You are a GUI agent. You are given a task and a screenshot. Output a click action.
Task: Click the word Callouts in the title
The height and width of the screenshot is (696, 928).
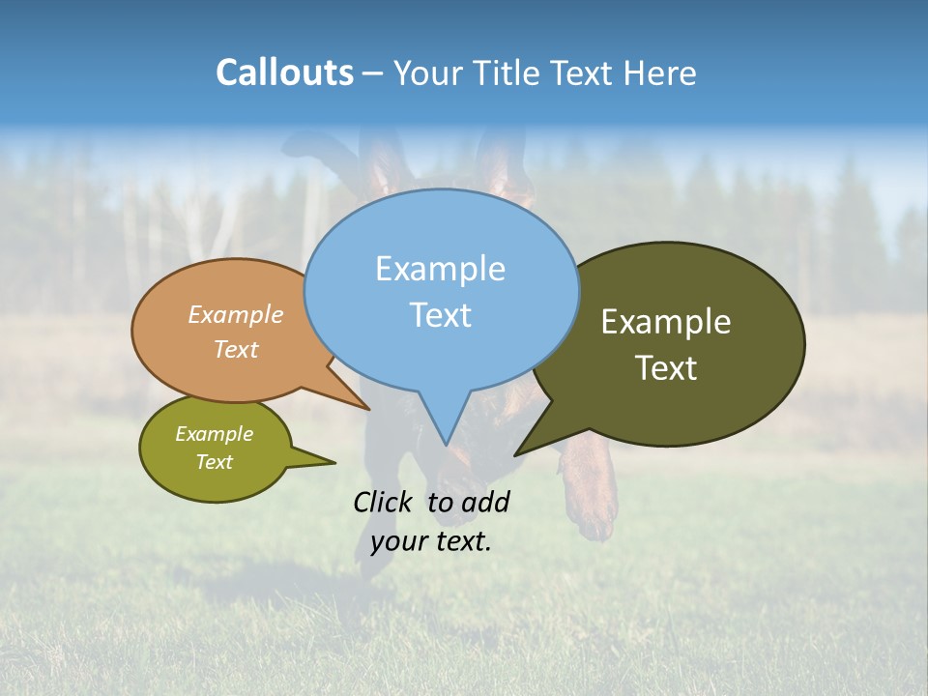[x=284, y=72]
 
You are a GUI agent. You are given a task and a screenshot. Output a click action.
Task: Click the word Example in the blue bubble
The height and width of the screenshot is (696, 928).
[x=440, y=269]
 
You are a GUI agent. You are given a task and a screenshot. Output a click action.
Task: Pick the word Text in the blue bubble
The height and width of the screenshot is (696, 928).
[x=440, y=315]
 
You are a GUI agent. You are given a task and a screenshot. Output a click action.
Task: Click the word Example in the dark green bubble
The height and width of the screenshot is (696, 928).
[x=666, y=322]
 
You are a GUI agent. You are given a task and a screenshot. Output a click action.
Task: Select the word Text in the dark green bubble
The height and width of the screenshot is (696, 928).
[x=666, y=368]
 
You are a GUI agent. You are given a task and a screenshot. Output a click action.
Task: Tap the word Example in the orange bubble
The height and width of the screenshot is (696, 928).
[x=236, y=315]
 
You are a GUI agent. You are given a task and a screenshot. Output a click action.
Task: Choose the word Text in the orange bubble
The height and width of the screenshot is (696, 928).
[x=236, y=349]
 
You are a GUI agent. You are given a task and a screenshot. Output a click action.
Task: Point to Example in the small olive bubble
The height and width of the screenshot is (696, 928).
[x=214, y=434]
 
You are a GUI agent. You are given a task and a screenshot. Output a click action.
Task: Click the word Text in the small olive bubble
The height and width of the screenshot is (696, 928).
[x=214, y=462]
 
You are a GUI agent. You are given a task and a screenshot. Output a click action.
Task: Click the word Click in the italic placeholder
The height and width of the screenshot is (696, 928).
[x=383, y=502]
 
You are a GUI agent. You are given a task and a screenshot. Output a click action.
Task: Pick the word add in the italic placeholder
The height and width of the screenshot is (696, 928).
[x=486, y=502]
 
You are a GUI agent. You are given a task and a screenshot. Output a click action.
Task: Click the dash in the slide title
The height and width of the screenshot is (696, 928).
[x=373, y=73]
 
